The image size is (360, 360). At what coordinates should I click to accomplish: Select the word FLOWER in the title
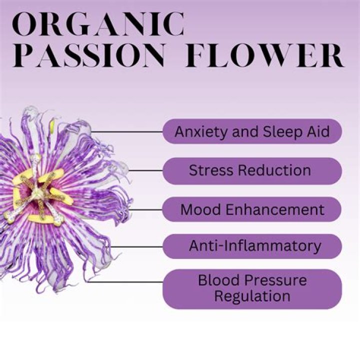pyautogui.click(x=264, y=56)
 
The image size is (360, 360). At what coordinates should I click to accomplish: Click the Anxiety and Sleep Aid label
pyautogui.click(x=252, y=131)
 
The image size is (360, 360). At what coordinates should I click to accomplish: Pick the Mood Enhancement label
pyautogui.click(x=252, y=209)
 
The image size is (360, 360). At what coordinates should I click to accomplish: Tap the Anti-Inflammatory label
pyautogui.click(x=252, y=246)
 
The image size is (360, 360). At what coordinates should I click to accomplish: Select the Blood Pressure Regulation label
pyautogui.click(x=252, y=287)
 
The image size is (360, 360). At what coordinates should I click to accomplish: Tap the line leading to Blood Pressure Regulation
pyautogui.click(x=125, y=282)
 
